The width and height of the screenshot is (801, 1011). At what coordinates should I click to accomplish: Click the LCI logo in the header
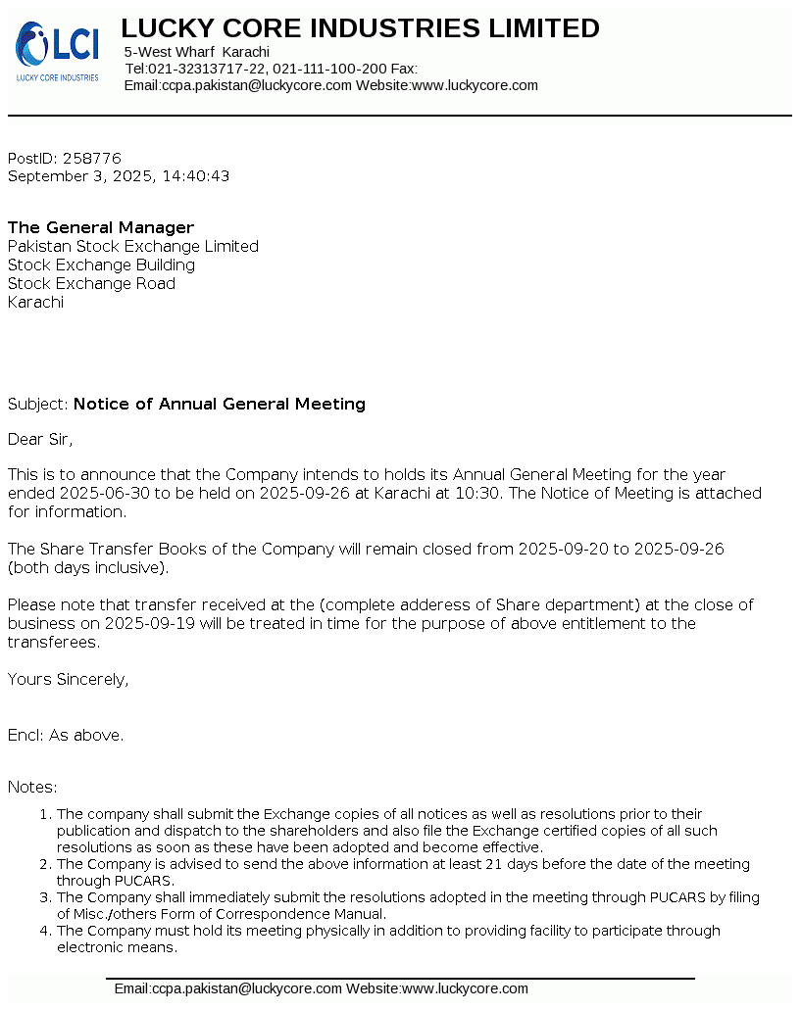[x=57, y=51]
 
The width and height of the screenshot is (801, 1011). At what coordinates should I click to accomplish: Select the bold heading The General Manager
[x=101, y=228]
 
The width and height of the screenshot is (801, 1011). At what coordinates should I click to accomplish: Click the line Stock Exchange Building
[x=101, y=265]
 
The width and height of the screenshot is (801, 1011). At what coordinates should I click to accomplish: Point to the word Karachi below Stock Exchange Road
[x=35, y=303]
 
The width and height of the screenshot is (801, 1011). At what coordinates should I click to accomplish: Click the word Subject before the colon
[x=36, y=405]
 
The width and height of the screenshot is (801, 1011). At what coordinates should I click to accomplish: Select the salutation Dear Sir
[x=40, y=440]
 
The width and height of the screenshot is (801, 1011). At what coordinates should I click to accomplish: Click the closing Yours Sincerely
[x=68, y=680]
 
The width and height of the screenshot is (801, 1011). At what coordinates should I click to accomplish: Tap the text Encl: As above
[x=66, y=736]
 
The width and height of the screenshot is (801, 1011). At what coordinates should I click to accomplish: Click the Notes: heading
[x=32, y=788]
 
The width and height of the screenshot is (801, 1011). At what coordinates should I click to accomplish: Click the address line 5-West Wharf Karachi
[x=197, y=52]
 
